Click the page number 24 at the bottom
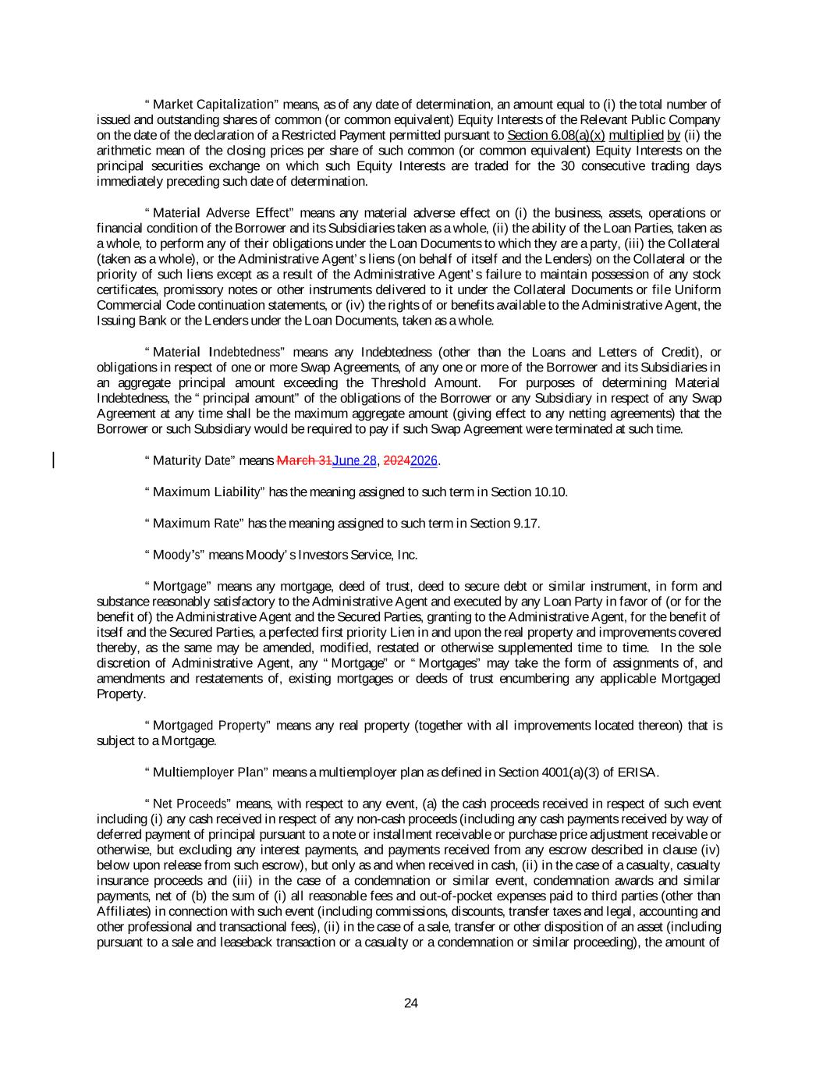[411, 1003]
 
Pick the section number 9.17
[525, 524]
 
